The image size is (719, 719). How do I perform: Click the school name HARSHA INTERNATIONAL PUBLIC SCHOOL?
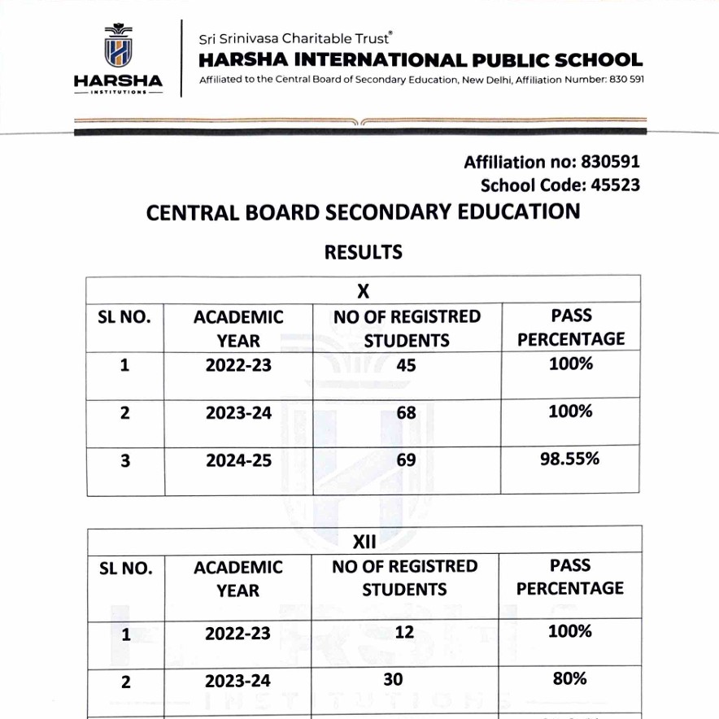421,60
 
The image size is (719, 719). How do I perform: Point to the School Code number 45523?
615,185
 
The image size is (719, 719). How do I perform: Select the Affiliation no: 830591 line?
551,162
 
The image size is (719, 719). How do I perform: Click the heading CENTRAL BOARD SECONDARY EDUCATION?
363,213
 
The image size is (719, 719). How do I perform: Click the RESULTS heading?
364,252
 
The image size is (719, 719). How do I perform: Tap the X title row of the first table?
364,290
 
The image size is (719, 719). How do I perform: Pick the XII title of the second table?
364,541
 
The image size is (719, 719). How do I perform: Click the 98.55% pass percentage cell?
570,459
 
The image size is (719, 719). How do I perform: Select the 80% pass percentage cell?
570,678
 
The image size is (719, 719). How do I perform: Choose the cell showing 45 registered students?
406,365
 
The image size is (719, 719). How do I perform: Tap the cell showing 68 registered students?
406,412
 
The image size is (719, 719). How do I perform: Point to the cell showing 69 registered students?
406,460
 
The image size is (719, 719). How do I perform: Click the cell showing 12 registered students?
404,632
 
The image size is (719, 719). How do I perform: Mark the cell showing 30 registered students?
394,679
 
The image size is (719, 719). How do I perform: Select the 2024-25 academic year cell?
238,461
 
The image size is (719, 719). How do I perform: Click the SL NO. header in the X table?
125,317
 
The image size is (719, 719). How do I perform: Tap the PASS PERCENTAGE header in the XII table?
570,577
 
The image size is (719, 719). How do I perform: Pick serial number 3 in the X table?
125,461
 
